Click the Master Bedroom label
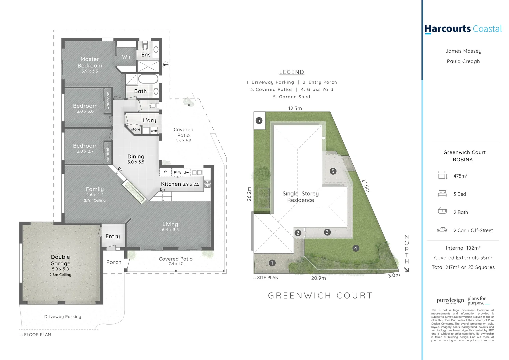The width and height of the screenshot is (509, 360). [90, 62]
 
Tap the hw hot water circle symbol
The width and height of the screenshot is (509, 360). [165, 65]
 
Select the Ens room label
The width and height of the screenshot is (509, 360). [146, 55]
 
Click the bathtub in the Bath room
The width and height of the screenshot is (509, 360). [148, 79]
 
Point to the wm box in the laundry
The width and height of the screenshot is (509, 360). [154, 131]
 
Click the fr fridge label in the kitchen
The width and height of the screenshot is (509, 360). [165, 172]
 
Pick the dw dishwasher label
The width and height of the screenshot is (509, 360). [186, 172]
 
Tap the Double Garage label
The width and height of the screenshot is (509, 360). [60, 260]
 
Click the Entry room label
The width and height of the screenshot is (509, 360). [113, 236]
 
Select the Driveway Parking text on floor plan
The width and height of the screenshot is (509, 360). [63, 317]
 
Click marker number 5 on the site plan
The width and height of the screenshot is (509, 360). [259, 121]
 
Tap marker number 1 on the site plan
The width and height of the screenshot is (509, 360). [272, 263]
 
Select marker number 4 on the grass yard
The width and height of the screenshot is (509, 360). [356, 248]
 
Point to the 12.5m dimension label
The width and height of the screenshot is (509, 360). [295, 108]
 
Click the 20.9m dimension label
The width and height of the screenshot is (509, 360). [318, 278]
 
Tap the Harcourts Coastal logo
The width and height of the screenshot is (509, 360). [463, 29]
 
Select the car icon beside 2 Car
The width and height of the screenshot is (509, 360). [442, 230]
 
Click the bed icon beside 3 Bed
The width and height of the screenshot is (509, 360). [442, 194]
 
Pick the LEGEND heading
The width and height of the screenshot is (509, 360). [292, 72]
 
